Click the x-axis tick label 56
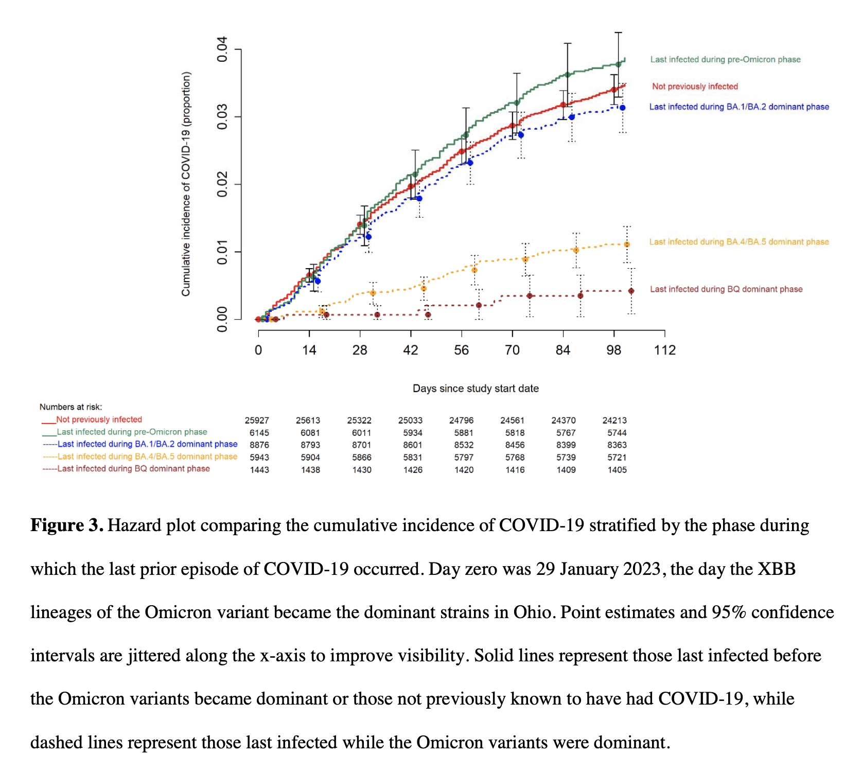point(461,350)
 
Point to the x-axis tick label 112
point(664,350)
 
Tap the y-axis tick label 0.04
point(222,49)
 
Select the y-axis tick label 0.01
point(222,252)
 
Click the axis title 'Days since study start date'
point(476,389)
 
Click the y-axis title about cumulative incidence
point(186,184)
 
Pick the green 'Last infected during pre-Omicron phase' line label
point(725,60)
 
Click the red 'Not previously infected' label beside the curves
point(695,86)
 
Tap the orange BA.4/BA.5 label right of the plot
point(738,242)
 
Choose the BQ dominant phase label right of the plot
point(726,289)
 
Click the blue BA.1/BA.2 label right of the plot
point(738,107)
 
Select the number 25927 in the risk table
point(257,420)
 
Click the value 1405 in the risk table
point(617,470)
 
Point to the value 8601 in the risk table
point(413,445)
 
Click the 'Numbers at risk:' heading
point(71,407)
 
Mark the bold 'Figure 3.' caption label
point(67,525)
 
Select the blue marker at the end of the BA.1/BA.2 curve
point(622,108)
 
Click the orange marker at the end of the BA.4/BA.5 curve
point(627,244)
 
